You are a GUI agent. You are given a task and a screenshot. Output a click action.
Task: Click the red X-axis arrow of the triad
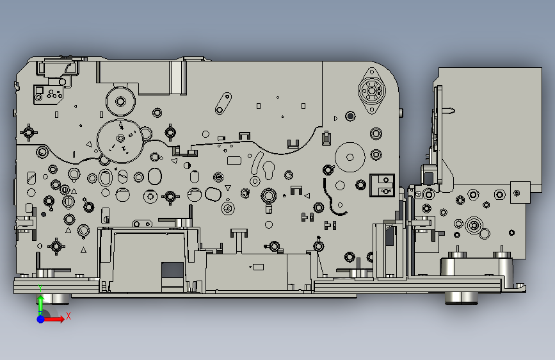[53, 319]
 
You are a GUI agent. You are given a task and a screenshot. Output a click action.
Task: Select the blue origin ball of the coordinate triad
[41, 319]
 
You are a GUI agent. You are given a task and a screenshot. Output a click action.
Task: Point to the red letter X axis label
[68, 316]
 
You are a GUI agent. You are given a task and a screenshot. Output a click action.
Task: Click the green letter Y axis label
[41, 288]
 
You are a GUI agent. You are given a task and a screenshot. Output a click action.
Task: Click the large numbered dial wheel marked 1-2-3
[120, 141]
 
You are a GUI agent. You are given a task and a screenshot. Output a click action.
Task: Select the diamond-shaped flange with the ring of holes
[372, 91]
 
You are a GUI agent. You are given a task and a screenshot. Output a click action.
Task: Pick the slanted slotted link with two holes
[223, 103]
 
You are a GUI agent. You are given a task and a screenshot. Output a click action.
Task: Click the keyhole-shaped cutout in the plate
[269, 170]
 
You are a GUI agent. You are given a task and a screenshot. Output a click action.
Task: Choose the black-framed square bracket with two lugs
[382, 185]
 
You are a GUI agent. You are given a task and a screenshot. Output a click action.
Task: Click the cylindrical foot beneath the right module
[462, 298]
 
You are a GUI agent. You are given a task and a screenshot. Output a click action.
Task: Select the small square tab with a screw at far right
[520, 193]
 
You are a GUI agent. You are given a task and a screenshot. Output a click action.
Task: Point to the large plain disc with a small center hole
[350, 157]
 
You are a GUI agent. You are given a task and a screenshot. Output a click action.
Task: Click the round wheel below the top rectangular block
[120, 102]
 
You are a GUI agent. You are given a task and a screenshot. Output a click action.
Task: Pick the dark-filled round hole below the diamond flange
[350, 116]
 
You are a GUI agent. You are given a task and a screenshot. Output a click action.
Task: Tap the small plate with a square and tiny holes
[49, 94]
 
